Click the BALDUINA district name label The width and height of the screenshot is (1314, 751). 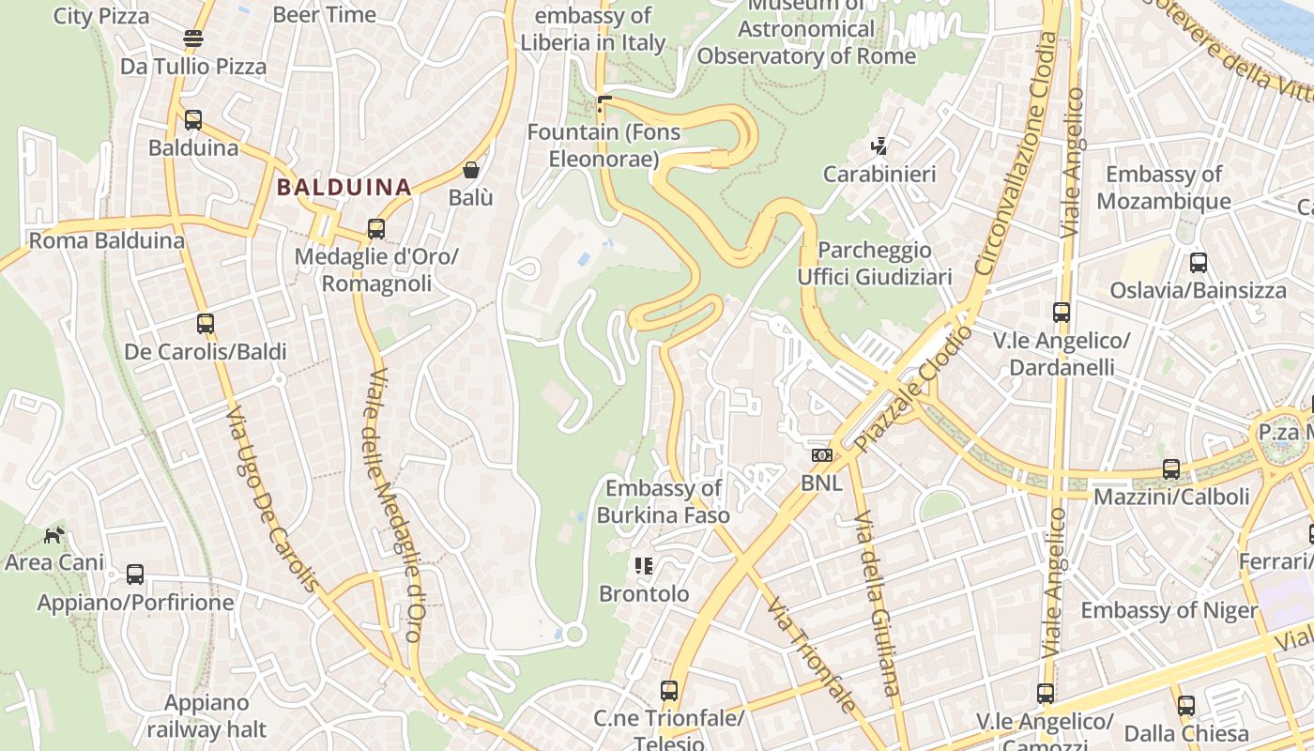click(344, 187)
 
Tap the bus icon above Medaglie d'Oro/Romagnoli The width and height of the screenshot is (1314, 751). click(376, 228)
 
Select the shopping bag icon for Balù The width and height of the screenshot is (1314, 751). click(471, 170)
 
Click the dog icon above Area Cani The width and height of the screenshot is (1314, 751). click(54, 535)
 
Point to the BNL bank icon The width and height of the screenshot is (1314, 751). click(821, 455)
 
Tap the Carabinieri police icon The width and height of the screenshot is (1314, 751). click(879, 146)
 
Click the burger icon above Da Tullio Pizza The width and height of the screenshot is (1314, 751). click(193, 38)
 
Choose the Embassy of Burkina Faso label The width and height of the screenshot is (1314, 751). click(664, 501)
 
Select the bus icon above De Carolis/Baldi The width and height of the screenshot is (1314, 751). click(206, 324)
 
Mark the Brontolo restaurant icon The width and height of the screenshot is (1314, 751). click(644, 565)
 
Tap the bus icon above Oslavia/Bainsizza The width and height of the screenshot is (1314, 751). click(1198, 263)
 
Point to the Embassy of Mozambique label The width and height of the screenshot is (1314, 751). click(1164, 188)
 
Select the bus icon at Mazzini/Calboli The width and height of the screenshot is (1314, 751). click(1170, 468)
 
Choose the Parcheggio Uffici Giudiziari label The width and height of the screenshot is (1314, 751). click(875, 263)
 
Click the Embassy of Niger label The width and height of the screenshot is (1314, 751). click(1169, 610)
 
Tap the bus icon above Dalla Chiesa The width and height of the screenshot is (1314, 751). click(1186, 705)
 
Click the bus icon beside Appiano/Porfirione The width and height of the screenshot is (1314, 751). click(135, 574)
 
